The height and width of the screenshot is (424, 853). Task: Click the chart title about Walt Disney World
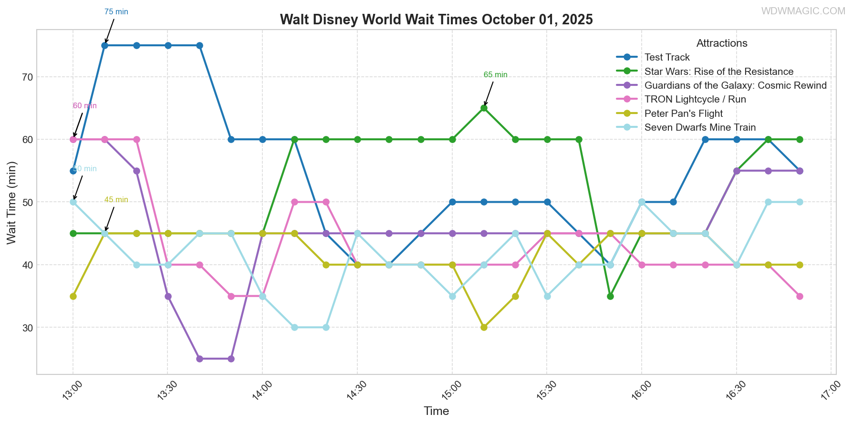coord(436,20)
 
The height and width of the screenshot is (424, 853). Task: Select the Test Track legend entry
coord(666,57)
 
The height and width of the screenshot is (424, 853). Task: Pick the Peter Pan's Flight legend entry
coord(683,114)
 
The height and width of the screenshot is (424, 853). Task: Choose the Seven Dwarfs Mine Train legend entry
coord(699,127)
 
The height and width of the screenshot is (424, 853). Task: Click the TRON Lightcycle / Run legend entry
coord(695,99)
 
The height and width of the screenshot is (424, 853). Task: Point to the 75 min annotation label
coord(116,12)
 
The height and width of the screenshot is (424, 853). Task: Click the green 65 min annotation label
coord(495,75)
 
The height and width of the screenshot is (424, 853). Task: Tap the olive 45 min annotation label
coord(116,200)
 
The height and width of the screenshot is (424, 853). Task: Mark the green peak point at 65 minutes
coord(484,108)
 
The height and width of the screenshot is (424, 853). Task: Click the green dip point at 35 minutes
coord(610,296)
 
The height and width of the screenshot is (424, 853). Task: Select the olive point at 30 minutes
coord(484,328)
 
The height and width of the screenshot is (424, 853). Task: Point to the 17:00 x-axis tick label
coord(830,392)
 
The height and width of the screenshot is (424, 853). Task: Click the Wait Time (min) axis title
coord(11,203)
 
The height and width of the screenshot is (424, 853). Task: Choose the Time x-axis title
coord(436,411)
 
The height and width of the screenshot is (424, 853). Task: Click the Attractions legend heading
coord(721,43)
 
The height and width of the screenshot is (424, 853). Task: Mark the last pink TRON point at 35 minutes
coord(800,296)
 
